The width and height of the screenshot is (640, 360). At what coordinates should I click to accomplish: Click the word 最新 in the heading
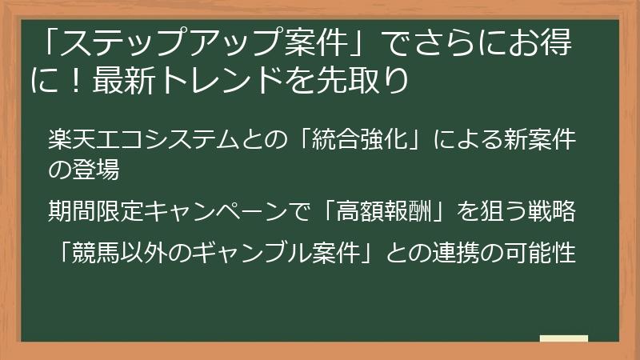(x=118, y=81)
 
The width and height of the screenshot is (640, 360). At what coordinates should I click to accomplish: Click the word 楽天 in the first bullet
(x=66, y=142)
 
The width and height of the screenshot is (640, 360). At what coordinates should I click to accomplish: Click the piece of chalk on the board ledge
(x=564, y=338)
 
